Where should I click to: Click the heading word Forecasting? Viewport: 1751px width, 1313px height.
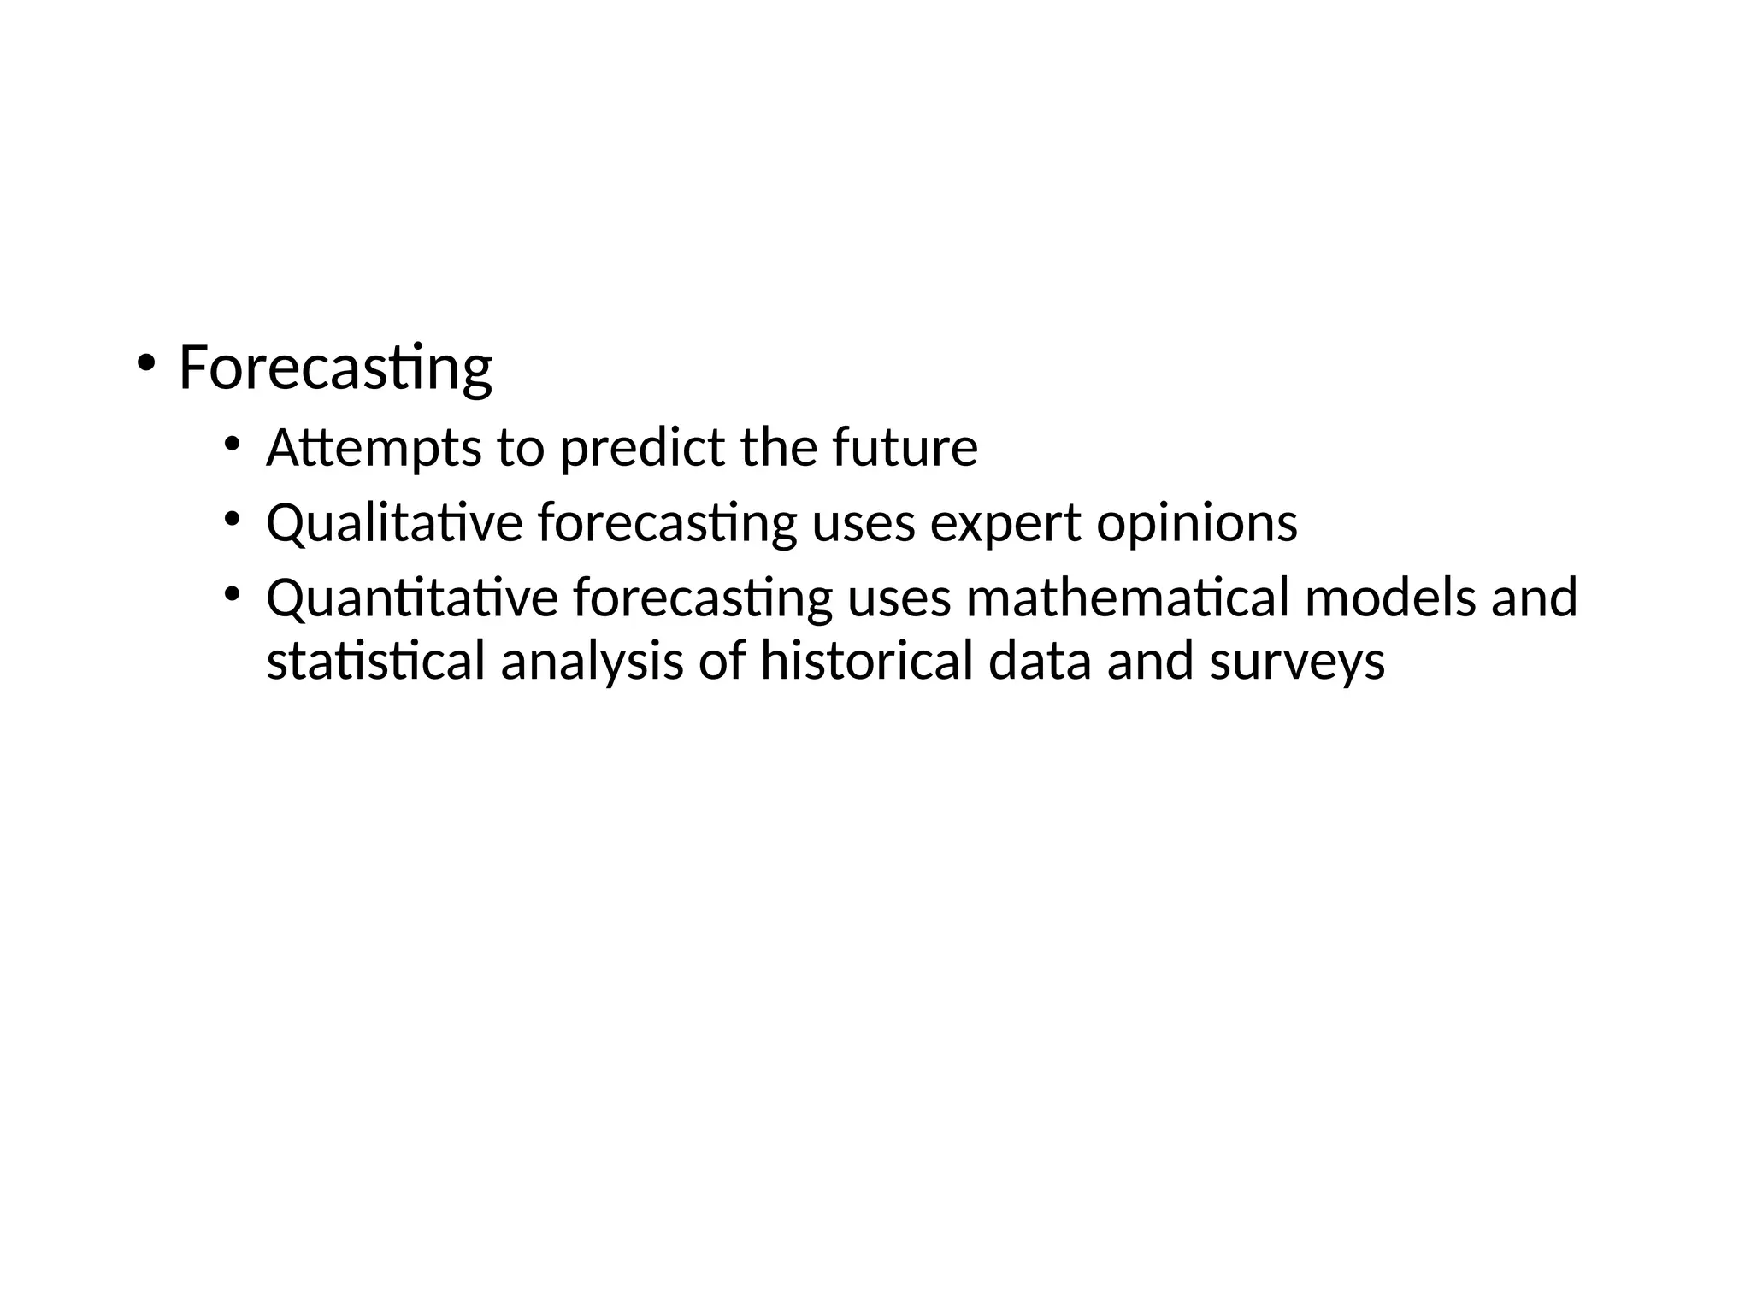point(335,368)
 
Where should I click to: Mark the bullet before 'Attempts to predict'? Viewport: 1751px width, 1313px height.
point(232,443)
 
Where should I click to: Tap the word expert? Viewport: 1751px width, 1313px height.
point(1005,524)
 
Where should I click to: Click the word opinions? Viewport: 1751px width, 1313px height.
point(1197,524)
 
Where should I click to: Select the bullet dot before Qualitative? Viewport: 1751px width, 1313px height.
point(232,518)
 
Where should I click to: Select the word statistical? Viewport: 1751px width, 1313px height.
point(376,661)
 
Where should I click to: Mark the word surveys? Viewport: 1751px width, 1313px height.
point(1296,662)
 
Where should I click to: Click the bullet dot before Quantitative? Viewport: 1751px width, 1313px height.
point(232,592)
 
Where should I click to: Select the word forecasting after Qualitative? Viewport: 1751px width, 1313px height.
point(667,524)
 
